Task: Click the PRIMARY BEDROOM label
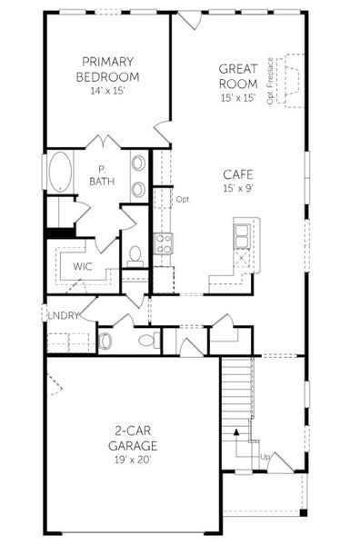(108, 69)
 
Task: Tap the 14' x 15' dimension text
(108, 91)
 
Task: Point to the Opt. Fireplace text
(272, 84)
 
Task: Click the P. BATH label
(101, 175)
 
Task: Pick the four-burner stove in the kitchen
(163, 243)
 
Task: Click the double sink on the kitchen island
(243, 234)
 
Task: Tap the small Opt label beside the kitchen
(183, 199)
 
